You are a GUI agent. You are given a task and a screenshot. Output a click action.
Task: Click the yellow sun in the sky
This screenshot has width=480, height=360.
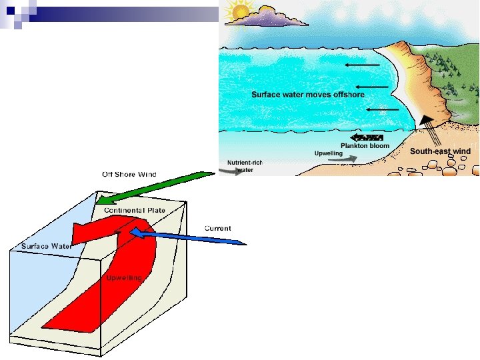pyautogui.click(x=237, y=11)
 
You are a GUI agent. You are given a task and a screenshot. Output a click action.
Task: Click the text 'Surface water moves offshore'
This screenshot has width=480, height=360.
pyautogui.click(x=307, y=95)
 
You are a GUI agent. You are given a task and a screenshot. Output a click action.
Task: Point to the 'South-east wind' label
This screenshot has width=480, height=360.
pyautogui.click(x=440, y=151)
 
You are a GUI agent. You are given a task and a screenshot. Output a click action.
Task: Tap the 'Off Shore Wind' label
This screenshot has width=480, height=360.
pyautogui.click(x=129, y=174)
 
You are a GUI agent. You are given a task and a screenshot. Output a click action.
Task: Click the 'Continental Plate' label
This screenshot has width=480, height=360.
pyautogui.click(x=134, y=211)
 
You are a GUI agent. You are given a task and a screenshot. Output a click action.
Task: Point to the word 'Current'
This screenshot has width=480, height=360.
pyautogui.click(x=217, y=228)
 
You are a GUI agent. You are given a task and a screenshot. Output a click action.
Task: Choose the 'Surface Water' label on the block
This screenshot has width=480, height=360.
pyautogui.click(x=45, y=246)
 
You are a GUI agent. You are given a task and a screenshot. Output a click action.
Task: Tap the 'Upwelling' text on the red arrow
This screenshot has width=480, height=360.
pyautogui.click(x=123, y=277)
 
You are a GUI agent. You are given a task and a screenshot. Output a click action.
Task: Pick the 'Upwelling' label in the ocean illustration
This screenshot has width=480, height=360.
pyautogui.click(x=328, y=153)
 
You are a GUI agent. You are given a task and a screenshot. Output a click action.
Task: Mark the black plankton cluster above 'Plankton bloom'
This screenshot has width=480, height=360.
pyautogui.click(x=362, y=137)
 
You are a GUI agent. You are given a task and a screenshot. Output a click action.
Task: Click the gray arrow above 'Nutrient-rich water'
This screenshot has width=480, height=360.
pyautogui.click(x=232, y=171)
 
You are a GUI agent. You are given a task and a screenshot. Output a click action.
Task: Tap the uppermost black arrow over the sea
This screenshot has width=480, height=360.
pyautogui.click(x=363, y=65)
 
